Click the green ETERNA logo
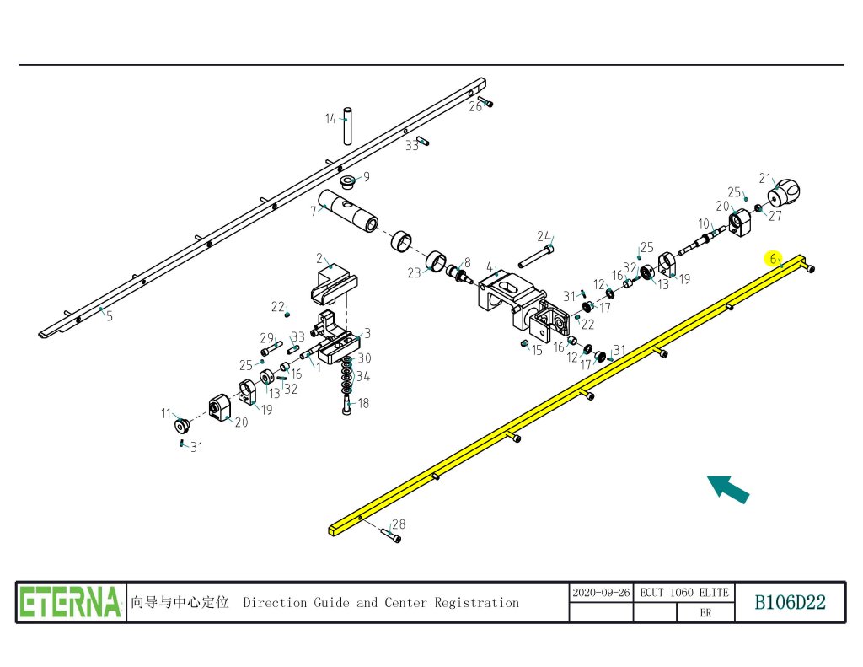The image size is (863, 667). (71, 602)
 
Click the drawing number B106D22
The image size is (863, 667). (790, 602)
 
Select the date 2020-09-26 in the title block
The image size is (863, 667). (601, 592)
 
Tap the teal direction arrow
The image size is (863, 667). (727, 488)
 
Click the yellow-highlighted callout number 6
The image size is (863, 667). (773, 259)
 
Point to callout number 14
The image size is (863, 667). (331, 119)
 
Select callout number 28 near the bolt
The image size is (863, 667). (399, 524)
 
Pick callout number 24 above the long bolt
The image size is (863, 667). (544, 236)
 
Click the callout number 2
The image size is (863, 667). (320, 257)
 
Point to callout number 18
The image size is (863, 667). (363, 404)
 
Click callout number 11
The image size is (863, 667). (166, 413)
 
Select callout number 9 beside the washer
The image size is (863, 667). (366, 177)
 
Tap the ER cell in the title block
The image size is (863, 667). (705, 613)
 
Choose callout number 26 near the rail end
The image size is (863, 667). (475, 106)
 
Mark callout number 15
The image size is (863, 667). (537, 349)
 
